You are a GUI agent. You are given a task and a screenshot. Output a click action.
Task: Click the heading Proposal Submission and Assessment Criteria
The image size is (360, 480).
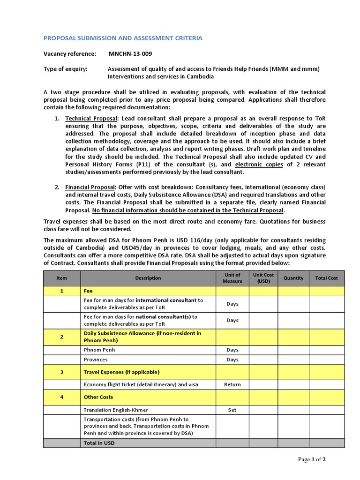[123, 38]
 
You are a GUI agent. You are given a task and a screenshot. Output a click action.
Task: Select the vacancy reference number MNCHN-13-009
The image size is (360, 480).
[130, 54]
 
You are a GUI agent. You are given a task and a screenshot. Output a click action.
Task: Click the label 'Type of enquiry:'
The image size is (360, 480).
[66, 69]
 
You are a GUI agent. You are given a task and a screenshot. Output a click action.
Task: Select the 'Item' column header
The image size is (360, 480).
[62, 278]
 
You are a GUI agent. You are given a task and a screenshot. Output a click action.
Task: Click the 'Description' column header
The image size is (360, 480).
[148, 278]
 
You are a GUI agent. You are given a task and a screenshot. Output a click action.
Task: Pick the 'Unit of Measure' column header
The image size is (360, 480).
[232, 278]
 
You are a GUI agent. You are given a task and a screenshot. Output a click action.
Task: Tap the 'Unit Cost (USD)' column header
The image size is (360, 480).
[263, 278]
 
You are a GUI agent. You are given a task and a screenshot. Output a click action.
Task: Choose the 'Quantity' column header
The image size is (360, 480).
[293, 278]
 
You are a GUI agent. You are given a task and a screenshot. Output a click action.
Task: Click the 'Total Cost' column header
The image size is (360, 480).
[326, 278]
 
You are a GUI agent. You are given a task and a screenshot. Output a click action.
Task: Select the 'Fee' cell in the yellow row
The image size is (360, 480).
[88, 291]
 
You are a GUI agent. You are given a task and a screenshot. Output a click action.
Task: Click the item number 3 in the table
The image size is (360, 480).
[62, 372]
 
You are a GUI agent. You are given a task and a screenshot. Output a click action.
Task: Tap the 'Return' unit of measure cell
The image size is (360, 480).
[232, 385]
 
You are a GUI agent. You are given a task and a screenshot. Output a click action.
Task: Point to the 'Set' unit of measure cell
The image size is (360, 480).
[232, 410]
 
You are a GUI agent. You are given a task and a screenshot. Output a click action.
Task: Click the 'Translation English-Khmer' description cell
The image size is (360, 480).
[116, 410]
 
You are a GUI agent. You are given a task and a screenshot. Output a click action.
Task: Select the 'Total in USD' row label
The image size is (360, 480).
[99, 443]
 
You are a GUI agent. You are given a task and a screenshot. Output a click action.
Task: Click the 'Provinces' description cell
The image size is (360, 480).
[96, 360]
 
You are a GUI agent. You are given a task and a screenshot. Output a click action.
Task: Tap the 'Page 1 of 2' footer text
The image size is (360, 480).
[312, 459]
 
